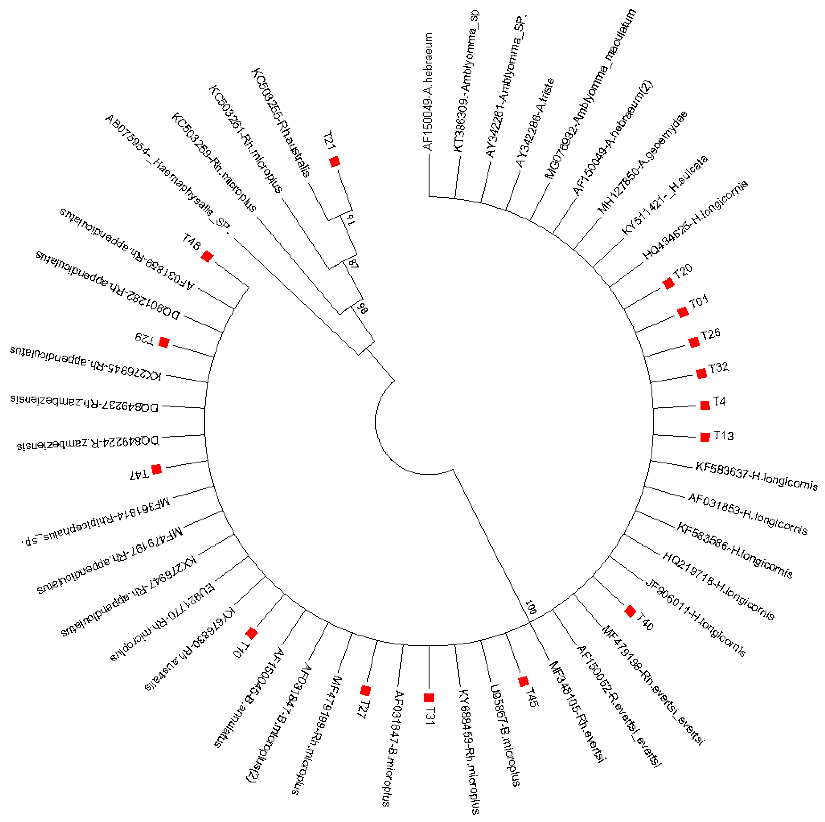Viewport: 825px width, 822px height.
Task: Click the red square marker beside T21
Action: pos(334,162)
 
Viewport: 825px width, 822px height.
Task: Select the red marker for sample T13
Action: pos(705,437)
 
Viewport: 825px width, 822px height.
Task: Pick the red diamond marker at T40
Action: pos(630,611)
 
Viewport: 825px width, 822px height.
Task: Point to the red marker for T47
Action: pos(157,469)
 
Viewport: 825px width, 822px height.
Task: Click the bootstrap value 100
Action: pos(531,607)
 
